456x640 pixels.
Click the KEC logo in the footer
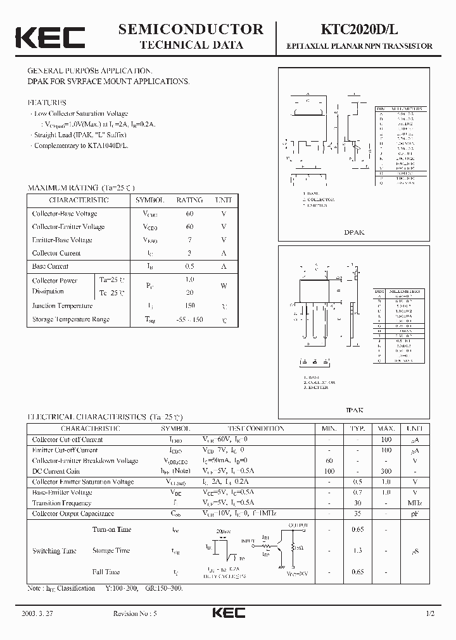coord(228,613)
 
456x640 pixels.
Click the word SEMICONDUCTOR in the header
coord(191,29)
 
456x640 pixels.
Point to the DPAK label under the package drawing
coord(355,232)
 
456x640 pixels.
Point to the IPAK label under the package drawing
coord(355,410)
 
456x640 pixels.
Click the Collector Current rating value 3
coord(189,253)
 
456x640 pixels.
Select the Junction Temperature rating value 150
coord(189,306)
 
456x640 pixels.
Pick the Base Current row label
coord(50,266)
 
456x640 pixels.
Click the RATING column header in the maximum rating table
coord(189,200)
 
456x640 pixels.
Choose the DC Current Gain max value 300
coord(386,471)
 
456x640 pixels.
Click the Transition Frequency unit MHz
coord(415,503)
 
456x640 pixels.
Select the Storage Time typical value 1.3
coord(358,551)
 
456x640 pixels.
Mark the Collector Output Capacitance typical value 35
coord(358,514)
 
